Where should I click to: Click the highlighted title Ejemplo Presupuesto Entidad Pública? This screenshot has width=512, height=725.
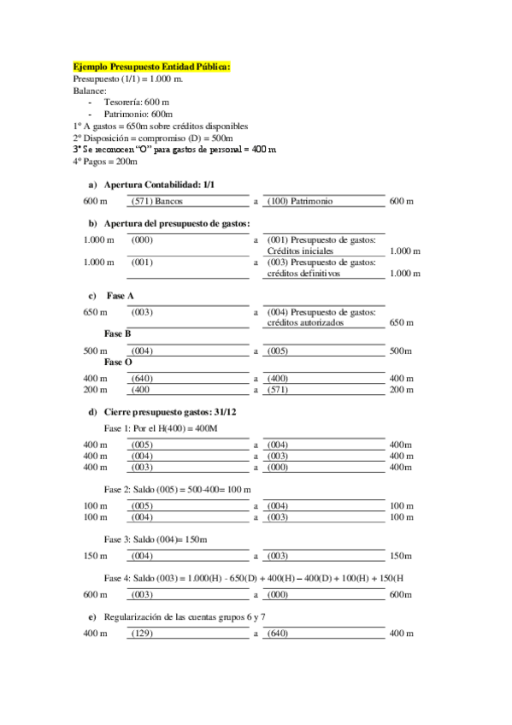(152, 66)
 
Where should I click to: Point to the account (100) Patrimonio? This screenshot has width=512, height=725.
(300, 201)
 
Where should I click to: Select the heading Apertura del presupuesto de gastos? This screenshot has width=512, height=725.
(176, 223)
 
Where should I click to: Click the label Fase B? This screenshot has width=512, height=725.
(117, 333)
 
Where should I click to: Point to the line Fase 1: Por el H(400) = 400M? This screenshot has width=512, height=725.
(159, 427)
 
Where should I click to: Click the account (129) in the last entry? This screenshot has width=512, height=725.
(142, 634)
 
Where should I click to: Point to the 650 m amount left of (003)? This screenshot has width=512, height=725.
(95, 312)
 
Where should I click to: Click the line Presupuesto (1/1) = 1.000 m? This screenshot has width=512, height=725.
(128, 78)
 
